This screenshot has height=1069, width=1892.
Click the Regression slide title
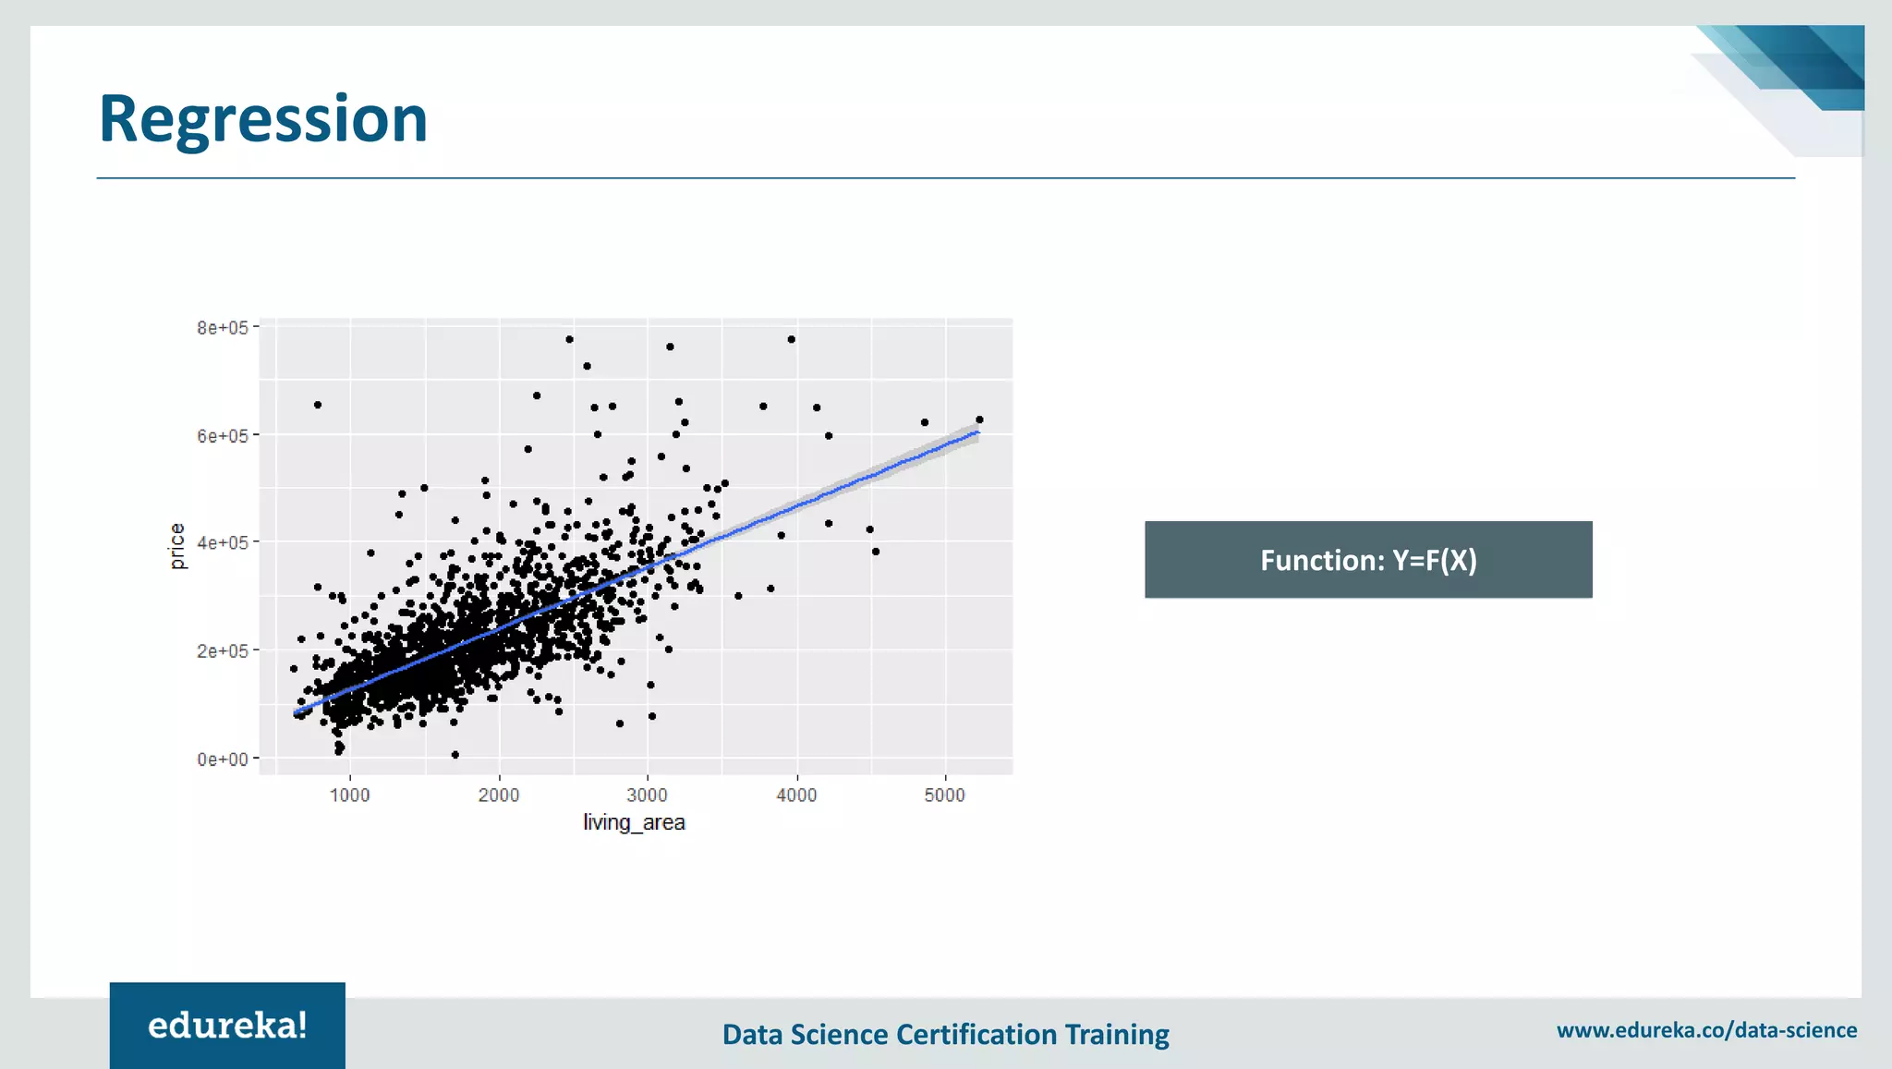pos(263,119)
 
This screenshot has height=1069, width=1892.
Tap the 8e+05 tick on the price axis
pos(222,328)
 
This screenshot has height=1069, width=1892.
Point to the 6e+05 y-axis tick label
pos(222,436)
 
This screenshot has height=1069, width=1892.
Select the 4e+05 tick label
pos(222,543)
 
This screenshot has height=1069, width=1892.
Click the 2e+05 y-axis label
pos(222,651)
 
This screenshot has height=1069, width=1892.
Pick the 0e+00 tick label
pos(222,759)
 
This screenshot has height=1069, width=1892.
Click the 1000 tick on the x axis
pos(350,796)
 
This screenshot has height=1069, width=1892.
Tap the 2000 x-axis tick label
pos(499,796)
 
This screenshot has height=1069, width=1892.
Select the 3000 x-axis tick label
pos(647,796)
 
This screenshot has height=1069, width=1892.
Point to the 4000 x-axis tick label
pos(796,796)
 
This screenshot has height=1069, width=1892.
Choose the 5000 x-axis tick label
pos(944,796)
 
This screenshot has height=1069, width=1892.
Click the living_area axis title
pos(634,822)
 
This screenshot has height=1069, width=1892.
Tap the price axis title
pos(177,546)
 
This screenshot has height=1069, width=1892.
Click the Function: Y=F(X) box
pos(1368,560)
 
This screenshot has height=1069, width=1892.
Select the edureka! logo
pos(227,1026)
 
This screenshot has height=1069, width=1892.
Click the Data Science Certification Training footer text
pos(945,1034)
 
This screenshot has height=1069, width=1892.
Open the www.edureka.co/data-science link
pos(1706,1030)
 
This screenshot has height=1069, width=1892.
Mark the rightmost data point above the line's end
pos(979,419)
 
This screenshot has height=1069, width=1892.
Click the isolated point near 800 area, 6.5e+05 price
pos(318,405)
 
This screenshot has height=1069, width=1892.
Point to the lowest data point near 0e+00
pos(455,755)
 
